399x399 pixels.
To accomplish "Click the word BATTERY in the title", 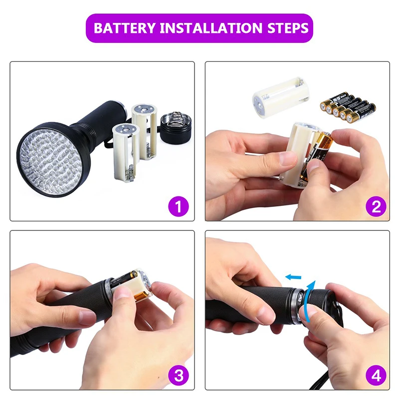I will [x=124, y=27].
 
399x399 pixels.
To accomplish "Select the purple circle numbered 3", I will [x=178, y=375].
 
